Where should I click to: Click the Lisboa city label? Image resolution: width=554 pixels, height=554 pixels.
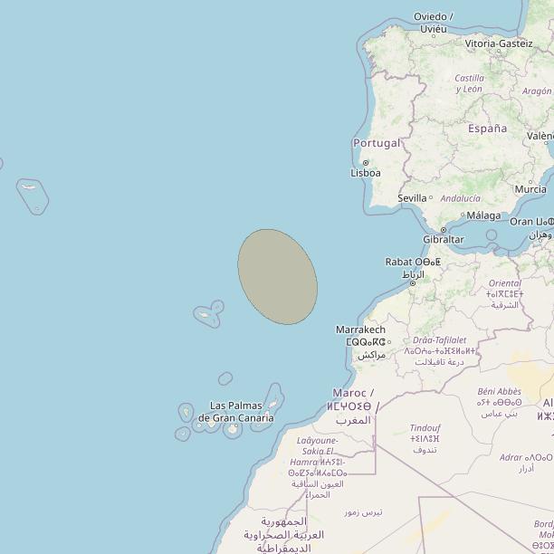[x=366, y=173]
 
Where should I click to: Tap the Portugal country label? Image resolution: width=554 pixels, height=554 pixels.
[x=377, y=143]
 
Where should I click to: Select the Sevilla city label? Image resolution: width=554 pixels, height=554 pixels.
[x=412, y=198]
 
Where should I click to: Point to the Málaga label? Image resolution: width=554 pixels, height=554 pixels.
[x=483, y=215]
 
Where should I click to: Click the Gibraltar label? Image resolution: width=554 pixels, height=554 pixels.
[x=444, y=240]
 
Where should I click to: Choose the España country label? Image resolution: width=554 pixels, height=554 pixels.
[x=488, y=129]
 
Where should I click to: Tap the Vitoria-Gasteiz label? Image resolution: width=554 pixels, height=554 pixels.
[x=499, y=43]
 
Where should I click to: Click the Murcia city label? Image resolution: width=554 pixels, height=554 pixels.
[x=530, y=189]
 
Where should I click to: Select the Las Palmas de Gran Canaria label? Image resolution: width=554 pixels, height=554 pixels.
[x=236, y=412]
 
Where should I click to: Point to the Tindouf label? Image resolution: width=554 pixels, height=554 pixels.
[x=425, y=427]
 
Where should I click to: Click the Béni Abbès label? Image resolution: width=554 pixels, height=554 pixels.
[x=500, y=392]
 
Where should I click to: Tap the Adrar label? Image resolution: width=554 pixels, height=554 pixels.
[x=511, y=458]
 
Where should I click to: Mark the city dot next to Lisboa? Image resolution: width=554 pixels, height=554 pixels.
[x=365, y=162]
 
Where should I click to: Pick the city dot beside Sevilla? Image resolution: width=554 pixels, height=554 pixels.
[x=431, y=198]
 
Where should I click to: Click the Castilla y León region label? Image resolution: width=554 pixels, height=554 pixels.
[x=469, y=83]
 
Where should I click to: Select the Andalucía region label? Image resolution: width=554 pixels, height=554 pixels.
[x=460, y=198]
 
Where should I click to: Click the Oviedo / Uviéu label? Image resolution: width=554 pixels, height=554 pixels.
[x=434, y=23]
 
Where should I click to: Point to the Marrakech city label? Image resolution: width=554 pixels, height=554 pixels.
[x=360, y=330]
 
